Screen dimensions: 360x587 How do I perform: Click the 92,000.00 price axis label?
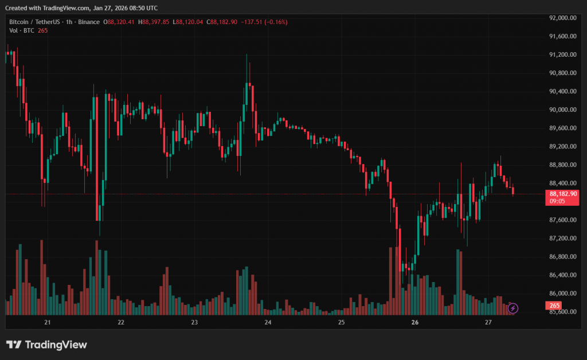pos(562,18)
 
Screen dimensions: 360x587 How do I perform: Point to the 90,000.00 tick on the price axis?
pos(562,109)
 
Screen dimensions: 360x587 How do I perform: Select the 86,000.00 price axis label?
pos(562,293)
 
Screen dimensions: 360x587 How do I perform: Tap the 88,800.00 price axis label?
pos(562,165)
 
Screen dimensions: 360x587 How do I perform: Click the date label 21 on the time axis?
pos(48,323)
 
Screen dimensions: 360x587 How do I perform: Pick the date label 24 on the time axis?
pos(268,323)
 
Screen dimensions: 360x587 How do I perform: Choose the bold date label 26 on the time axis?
pos(415,323)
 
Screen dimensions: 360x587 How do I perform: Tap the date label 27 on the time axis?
pos(488,323)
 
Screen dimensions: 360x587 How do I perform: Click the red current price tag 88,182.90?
pos(562,194)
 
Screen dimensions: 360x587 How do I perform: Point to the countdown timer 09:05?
pos(558,201)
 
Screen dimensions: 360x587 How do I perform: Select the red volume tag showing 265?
pos(554,306)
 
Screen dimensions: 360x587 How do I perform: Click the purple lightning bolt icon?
pos(513,308)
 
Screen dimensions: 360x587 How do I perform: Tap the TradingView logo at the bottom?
pos(46,345)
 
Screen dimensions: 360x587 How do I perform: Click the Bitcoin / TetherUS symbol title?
pos(38,22)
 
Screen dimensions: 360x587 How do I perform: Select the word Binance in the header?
pos(89,22)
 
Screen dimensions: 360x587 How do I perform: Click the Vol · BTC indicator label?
pos(21,30)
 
